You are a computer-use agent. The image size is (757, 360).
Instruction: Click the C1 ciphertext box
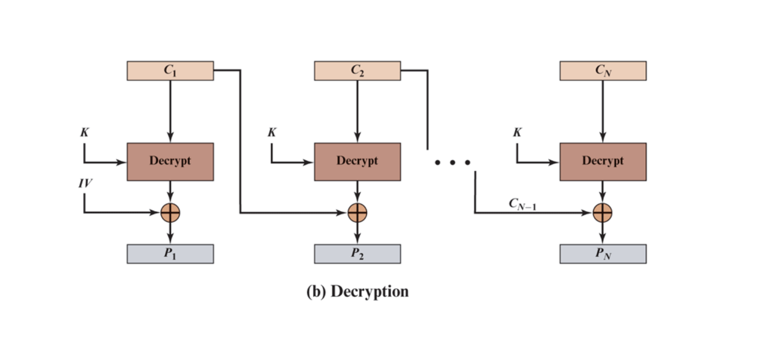click(x=170, y=71)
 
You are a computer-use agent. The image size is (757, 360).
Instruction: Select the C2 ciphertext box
click(x=357, y=71)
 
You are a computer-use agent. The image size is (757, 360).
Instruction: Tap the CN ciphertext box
click(x=603, y=71)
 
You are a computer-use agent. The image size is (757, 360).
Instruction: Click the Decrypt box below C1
click(x=170, y=161)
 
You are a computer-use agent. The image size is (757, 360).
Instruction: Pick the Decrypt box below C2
click(x=357, y=161)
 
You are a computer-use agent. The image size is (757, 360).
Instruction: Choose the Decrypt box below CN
click(x=603, y=161)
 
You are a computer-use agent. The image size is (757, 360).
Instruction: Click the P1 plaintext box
click(x=170, y=254)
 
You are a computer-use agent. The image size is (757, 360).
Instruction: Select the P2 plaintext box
click(x=357, y=254)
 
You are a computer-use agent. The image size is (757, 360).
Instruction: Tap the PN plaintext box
click(x=603, y=254)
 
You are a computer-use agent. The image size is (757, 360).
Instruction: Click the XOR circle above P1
click(x=170, y=213)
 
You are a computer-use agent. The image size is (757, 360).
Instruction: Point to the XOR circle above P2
click(x=357, y=213)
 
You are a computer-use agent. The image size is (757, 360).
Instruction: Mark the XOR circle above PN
click(x=603, y=213)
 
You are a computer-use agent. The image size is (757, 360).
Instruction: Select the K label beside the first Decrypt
click(x=84, y=133)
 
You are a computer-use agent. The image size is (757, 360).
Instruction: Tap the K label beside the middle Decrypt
click(x=272, y=133)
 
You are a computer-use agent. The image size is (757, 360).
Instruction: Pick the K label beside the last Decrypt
click(x=517, y=133)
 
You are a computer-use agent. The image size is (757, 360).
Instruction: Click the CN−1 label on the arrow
click(x=522, y=204)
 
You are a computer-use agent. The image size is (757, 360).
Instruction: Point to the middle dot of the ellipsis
click(x=452, y=163)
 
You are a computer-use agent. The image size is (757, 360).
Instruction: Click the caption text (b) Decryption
click(x=358, y=292)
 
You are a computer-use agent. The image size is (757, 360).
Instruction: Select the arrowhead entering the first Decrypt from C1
click(x=170, y=138)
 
